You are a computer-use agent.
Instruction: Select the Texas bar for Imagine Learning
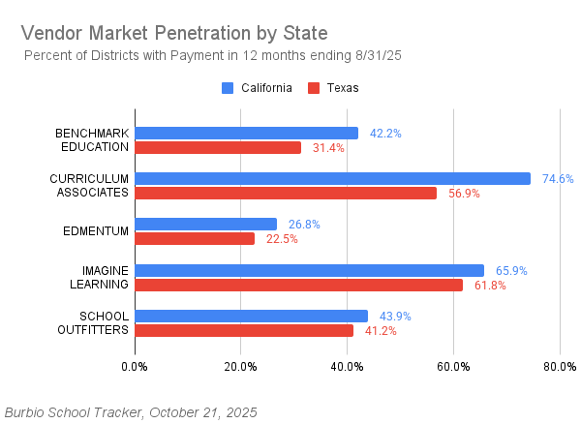(x=298, y=285)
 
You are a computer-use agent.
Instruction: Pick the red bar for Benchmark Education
(x=218, y=148)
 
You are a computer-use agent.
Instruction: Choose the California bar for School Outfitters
(x=251, y=316)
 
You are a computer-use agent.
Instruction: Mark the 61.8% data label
(x=490, y=285)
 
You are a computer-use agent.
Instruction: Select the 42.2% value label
(x=385, y=134)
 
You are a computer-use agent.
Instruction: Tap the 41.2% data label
(x=381, y=330)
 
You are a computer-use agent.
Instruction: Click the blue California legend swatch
(x=228, y=88)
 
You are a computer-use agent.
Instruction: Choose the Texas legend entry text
(x=343, y=88)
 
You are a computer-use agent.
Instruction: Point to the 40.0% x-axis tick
(x=347, y=367)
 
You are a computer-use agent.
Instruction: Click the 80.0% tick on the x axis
(x=560, y=367)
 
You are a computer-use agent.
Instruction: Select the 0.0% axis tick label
(x=135, y=367)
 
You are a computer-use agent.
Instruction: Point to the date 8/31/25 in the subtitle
(x=379, y=55)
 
